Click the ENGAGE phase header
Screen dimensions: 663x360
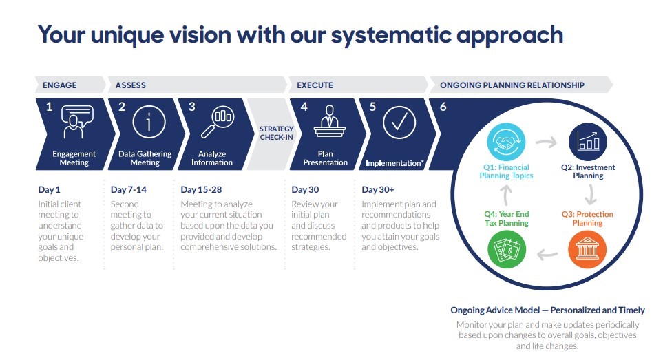[x=60, y=85]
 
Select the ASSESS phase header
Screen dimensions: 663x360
[x=130, y=85]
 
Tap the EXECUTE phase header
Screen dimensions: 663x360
[x=315, y=85]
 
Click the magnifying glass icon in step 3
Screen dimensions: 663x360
[x=218, y=122]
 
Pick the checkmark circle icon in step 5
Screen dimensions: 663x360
[x=399, y=123]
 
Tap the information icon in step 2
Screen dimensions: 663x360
[x=149, y=122]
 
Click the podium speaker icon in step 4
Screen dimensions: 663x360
[x=329, y=121]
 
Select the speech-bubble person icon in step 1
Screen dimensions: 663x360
[x=77, y=122]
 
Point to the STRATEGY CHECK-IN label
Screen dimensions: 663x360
[x=276, y=133]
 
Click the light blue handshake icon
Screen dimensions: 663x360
[x=506, y=142]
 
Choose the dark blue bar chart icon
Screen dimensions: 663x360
[x=588, y=142]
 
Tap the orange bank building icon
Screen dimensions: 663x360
[x=587, y=249]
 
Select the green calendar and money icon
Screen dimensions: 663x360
[x=507, y=249]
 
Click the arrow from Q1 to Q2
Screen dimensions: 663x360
[x=546, y=142]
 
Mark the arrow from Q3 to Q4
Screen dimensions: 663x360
[x=547, y=255]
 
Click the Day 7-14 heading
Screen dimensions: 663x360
[x=129, y=190]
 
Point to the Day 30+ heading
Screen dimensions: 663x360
[x=377, y=190]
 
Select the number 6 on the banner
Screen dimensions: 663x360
[x=443, y=107]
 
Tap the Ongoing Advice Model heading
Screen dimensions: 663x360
[x=547, y=310]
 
